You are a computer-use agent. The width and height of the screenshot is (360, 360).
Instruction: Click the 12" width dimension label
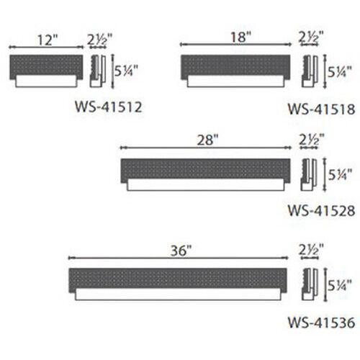pyautogui.click(x=48, y=40)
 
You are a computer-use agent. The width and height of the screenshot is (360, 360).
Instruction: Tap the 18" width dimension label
pyautogui.click(x=240, y=37)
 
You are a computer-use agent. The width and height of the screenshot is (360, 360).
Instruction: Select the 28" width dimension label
pyautogui.click(x=208, y=140)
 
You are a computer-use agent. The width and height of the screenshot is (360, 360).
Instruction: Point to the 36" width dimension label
pyautogui.click(x=181, y=251)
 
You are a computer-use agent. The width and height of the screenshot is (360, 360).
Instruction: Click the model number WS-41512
pyautogui.click(x=109, y=107)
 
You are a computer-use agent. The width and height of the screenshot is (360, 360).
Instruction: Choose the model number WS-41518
pyautogui.click(x=321, y=109)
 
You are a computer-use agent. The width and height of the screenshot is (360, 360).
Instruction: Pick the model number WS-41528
pyautogui.click(x=321, y=211)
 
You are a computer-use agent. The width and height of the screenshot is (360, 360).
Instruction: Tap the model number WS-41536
pyautogui.click(x=321, y=323)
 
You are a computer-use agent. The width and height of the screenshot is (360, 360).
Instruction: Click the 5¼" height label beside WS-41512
pyautogui.click(x=126, y=71)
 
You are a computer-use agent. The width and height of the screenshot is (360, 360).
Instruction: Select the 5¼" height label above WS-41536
pyautogui.click(x=340, y=285)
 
